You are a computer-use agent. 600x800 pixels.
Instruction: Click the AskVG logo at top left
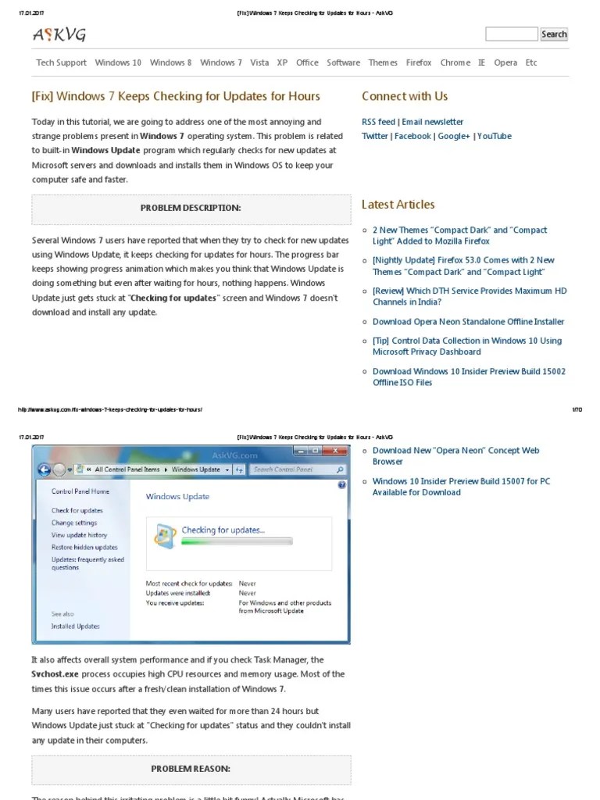coord(59,34)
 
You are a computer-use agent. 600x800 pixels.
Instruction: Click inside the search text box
coord(511,34)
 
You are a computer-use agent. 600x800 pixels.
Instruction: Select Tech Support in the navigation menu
coord(61,62)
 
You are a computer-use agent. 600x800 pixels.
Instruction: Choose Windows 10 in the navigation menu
coord(118,62)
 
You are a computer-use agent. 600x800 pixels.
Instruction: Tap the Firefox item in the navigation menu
coord(419,62)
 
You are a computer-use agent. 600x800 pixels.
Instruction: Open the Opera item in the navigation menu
coord(505,62)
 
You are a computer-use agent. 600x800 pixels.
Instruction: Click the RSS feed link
coord(378,122)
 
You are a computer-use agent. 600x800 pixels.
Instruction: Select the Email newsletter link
coord(433,122)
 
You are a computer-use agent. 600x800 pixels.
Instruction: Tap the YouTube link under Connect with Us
coord(495,136)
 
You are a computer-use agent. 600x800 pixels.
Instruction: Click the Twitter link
coord(375,136)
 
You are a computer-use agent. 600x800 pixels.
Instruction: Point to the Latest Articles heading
coord(398,205)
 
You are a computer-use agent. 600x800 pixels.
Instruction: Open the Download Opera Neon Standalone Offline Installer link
coord(468,322)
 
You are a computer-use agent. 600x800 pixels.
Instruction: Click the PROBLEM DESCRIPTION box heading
coord(191,208)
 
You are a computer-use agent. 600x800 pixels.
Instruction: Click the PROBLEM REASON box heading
coord(191,769)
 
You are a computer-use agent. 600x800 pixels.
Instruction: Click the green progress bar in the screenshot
coord(236,541)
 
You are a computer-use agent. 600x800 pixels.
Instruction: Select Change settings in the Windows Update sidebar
coord(74,523)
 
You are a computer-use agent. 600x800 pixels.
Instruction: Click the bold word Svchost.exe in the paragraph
coord(53,673)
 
